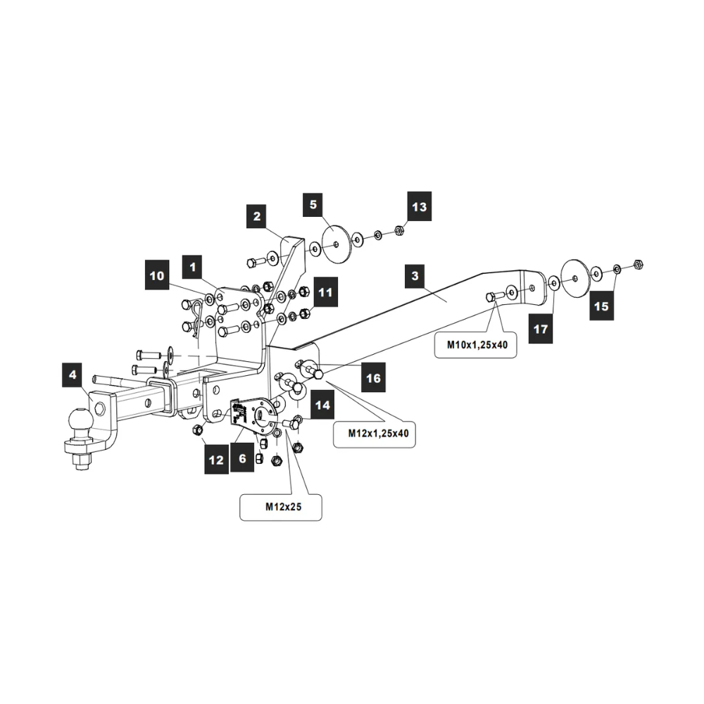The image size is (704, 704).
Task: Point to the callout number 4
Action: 73,375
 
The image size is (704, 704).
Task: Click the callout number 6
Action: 242,458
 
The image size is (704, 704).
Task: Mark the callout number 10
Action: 158,275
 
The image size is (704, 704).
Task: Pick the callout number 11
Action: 325,290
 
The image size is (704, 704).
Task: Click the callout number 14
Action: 322,405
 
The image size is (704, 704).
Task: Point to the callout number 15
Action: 602,306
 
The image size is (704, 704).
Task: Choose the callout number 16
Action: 373,378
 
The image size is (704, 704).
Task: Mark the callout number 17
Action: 541,329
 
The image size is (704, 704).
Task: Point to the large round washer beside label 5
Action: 336,244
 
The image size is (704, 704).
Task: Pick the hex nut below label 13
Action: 398,230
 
